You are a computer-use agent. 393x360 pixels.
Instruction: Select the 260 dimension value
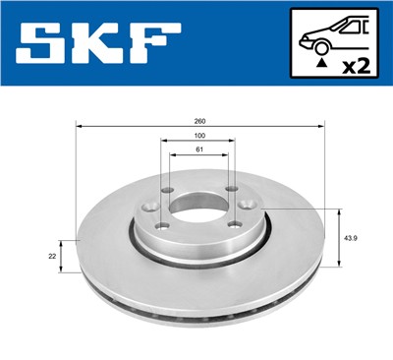pos(199,121)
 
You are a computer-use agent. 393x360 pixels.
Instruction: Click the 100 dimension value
pos(199,135)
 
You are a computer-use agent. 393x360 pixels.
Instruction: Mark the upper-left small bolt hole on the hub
pos(167,191)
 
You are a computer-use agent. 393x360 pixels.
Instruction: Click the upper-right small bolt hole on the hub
pos(232,190)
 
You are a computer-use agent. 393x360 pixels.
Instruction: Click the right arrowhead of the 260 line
pos(321,127)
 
